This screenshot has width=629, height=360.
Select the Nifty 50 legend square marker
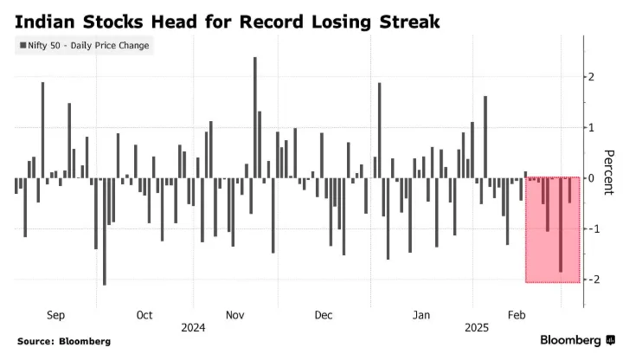tap(22, 45)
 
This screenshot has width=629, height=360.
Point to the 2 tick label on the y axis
tap(593, 77)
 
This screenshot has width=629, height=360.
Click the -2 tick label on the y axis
tap(591, 280)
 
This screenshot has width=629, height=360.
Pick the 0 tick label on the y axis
tap(593, 178)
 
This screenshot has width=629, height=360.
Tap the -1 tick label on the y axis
tap(591, 228)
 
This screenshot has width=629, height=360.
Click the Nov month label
tap(235, 315)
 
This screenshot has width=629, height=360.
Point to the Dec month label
tap(324, 315)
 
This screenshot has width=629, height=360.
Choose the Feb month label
tap(516, 315)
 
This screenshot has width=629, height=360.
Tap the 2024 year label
tap(193, 329)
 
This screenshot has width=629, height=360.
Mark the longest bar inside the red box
tap(561, 225)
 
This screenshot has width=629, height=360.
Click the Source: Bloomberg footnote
tap(64, 342)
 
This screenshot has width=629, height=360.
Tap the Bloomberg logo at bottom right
tap(574, 340)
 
